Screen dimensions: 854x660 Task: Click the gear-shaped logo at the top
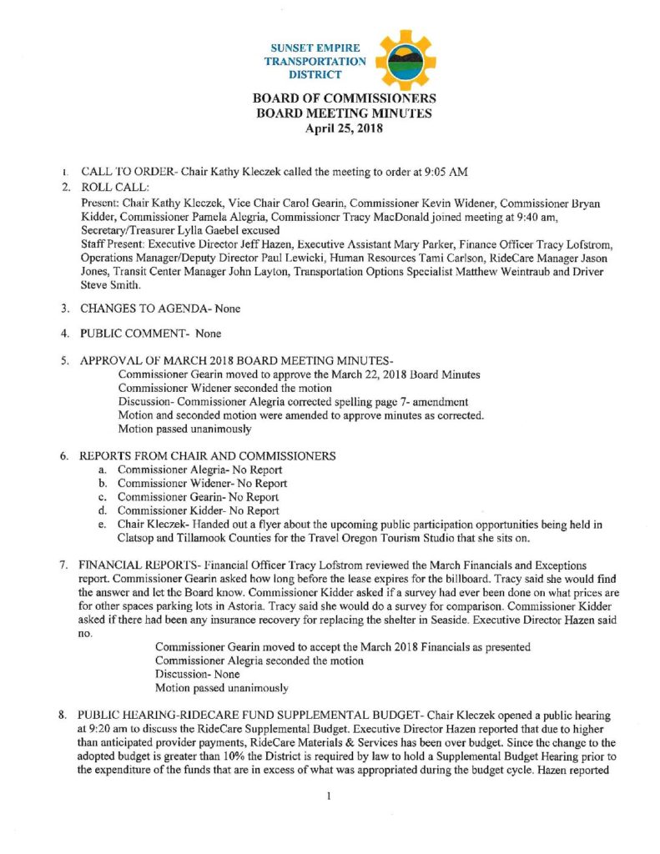[405, 60]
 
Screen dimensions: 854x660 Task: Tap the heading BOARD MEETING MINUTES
[344, 113]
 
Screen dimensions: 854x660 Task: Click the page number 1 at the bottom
[330, 796]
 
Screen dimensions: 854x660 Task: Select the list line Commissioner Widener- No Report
[202, 483]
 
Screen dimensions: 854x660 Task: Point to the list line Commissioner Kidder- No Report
[198, 510]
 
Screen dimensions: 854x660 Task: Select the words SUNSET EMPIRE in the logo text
[315, 48]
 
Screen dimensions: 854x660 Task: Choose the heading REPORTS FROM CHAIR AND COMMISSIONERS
[208, 456]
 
